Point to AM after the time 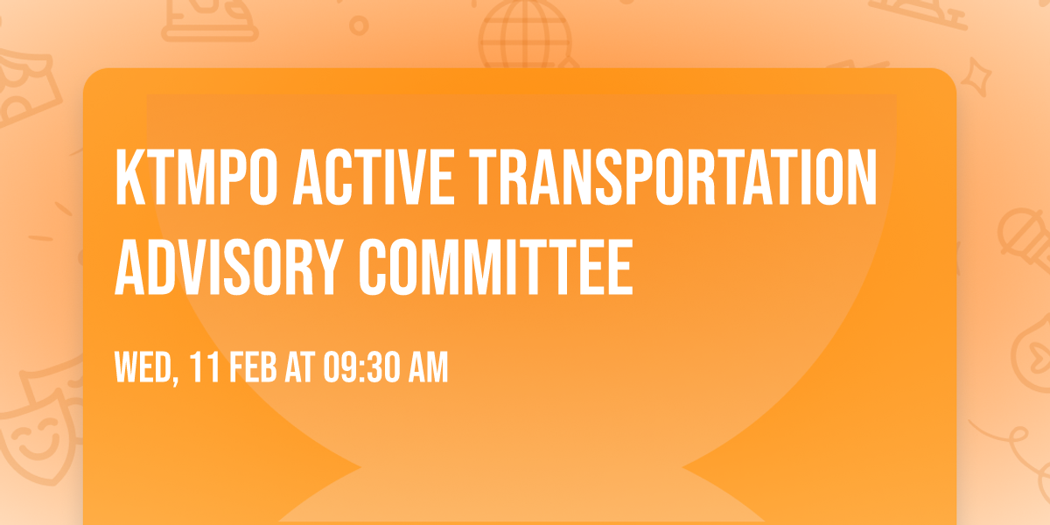coord(428,368)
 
